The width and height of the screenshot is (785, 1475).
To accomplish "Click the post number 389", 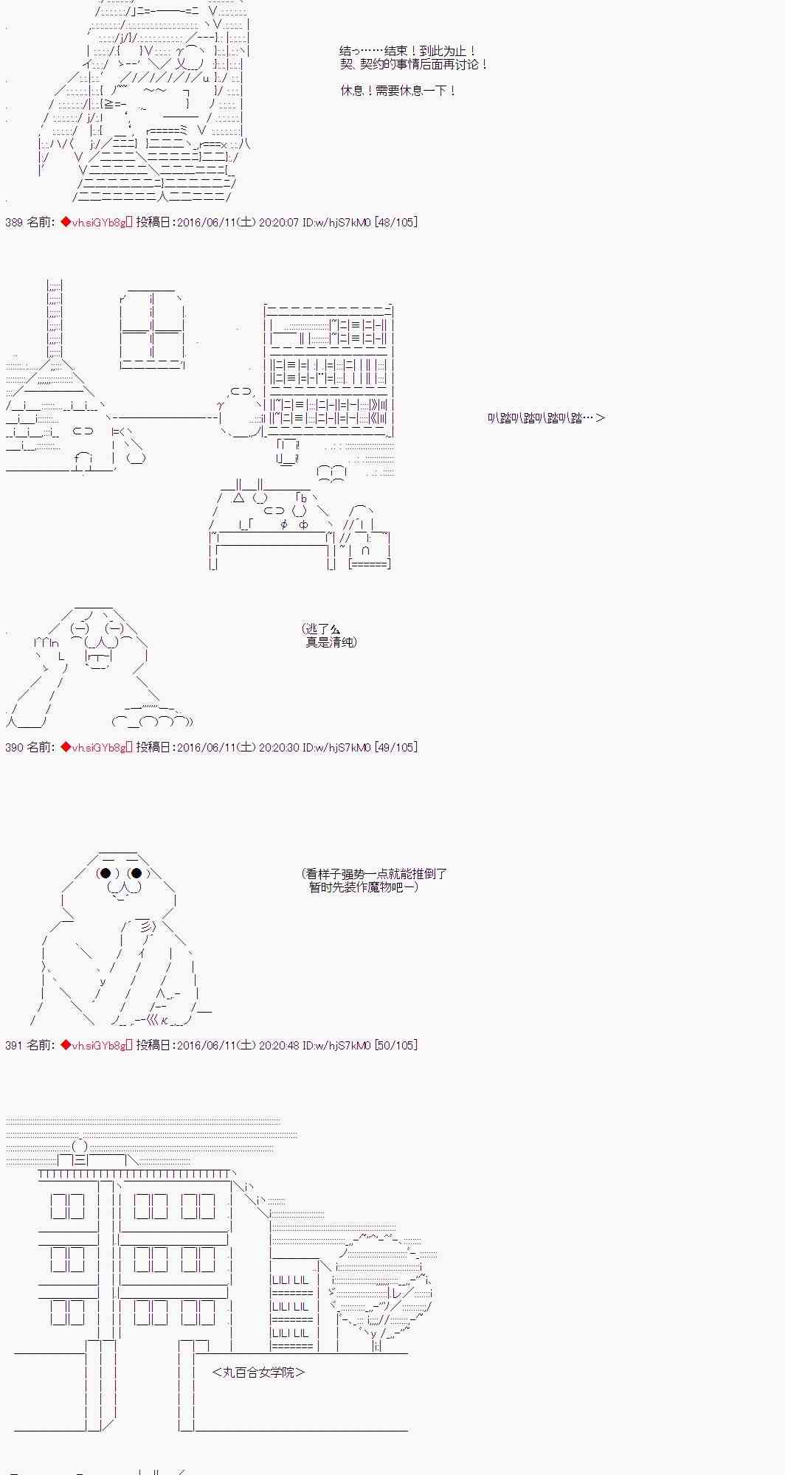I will click(x=14, y=222).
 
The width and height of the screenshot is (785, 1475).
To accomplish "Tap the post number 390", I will click(x=14, y=747).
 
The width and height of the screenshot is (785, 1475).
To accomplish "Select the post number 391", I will click(x=14, y=1045).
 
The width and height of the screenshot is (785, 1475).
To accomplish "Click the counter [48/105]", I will click(x=396, y=222).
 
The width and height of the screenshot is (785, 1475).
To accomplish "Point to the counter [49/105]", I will click(x=396, y=747).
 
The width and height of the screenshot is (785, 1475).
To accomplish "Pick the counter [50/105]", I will click(x=396, y=1045).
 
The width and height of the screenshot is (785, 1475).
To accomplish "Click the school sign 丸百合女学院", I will click(x=258, y=1372).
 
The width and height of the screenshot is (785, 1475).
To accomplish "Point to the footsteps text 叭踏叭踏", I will click(x=545, y=418).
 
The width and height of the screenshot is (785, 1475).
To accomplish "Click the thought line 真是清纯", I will click(x=331, y=642).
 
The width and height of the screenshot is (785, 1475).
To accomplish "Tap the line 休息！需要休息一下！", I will click(x=398, y=91).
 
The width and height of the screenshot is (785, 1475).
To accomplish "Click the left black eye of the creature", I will click(x=106, y=874).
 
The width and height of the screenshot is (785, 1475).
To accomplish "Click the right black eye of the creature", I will click(x=136, y=874).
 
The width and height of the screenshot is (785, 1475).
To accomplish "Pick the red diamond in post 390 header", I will click(x=66, y=747).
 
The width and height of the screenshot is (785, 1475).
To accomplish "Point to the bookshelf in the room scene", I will click(x=328, y=369).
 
